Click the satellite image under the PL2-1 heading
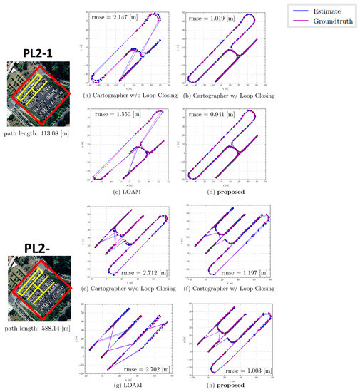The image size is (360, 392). pos(36,90)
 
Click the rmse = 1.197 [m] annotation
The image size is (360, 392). pos(242,272)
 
